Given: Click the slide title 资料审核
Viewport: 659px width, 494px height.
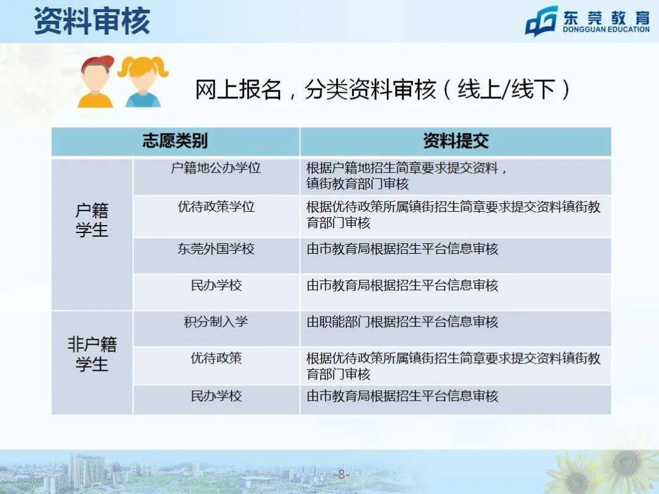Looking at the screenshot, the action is click(92, 21).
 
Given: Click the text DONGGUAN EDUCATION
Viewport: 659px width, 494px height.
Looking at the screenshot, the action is click(606, 29).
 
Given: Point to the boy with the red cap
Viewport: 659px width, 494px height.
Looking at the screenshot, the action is click(96, 82).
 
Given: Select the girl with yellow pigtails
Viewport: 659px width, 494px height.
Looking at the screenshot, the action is click(143, 82).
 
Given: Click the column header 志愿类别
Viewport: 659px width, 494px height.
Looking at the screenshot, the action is click(175, 141).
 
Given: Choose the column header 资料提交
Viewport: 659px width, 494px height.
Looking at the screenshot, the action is click(456, 141).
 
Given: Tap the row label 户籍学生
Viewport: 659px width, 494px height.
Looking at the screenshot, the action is click(92, 220).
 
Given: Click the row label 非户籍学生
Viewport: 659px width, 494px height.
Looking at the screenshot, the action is click(92, 354).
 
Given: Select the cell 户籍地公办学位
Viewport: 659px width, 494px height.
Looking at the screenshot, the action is click(216, 168).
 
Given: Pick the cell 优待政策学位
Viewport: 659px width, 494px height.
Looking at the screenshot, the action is click(216, 207).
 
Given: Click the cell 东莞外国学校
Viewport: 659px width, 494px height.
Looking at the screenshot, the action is click(216, 249).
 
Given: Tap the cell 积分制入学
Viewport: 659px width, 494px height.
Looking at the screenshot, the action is click(216, 322).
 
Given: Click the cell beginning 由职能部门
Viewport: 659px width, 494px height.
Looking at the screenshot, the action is click(402, 322).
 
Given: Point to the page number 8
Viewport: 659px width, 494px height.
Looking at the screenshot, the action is click(341, 474).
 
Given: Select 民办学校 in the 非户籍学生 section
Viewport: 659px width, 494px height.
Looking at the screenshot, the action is click(216, 396).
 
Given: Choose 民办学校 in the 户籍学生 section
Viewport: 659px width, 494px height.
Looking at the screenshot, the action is click(216, 285).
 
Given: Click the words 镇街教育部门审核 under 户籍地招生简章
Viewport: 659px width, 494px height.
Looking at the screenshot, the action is click(358, 184).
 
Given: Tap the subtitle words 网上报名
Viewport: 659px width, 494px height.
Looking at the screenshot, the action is click(238, 90).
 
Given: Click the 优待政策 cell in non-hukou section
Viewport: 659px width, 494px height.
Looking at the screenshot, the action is click(216, 358).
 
